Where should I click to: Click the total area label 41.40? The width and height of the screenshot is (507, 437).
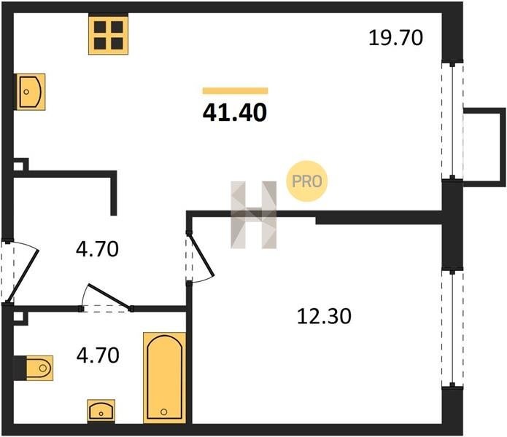(235, 113)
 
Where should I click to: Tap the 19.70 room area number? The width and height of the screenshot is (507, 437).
(395, 37)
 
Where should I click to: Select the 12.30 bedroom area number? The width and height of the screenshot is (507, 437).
(324, 316)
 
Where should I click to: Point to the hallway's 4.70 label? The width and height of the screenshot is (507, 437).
(97, 249)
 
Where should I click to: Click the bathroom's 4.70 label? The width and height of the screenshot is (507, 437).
(98, 355)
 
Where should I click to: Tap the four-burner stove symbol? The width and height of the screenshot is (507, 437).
(108, 34)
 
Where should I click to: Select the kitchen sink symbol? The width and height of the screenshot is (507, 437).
(31, 92)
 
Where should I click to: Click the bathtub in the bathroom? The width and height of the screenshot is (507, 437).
(165, 377)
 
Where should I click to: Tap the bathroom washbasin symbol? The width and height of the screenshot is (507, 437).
(101, 411)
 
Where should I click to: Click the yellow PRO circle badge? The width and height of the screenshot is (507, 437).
(307, 181)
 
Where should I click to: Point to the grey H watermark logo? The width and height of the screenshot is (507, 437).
(254, 215)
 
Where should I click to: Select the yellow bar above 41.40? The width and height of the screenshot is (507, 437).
(236, 91)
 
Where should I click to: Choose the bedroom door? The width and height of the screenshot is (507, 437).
(201, 256)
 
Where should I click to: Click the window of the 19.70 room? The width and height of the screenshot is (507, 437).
(453, 120)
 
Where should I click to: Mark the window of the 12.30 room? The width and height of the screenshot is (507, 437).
(453, 328)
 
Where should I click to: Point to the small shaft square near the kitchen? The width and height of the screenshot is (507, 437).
(18, 167)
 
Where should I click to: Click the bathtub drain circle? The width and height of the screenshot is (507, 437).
(164, 412)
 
